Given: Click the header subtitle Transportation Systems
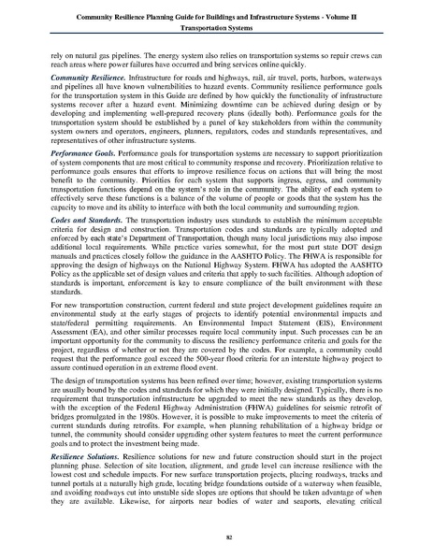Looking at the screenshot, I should coord(216,28).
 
